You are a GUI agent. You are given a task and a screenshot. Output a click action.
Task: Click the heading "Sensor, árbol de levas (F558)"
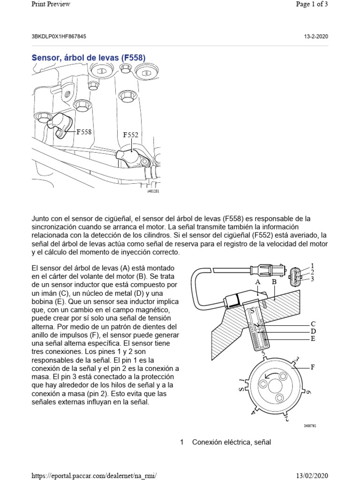89,58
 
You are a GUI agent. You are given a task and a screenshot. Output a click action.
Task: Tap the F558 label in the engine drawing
84,132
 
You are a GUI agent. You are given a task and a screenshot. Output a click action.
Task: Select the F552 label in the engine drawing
131,135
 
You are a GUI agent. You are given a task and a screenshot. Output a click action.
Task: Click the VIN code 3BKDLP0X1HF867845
59,36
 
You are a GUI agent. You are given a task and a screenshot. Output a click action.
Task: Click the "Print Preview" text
51,4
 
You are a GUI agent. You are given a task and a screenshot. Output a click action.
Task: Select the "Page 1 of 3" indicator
312,4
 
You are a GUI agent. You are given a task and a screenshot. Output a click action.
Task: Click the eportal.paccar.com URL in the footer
93,475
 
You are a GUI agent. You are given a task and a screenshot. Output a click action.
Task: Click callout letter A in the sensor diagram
257,282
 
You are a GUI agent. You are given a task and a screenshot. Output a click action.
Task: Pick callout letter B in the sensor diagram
274,282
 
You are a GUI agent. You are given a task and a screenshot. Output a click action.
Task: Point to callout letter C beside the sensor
313,324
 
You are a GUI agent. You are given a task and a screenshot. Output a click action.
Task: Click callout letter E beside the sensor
313,337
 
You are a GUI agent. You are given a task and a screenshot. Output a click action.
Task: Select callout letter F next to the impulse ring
313,367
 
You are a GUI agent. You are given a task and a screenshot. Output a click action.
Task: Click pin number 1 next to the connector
312,266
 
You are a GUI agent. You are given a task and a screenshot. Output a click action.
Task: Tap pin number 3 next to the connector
312,279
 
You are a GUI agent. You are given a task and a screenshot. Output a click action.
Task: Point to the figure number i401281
153,191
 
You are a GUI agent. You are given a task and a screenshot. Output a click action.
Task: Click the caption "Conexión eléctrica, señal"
232,442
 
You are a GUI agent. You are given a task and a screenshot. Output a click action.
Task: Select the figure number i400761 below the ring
310,426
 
